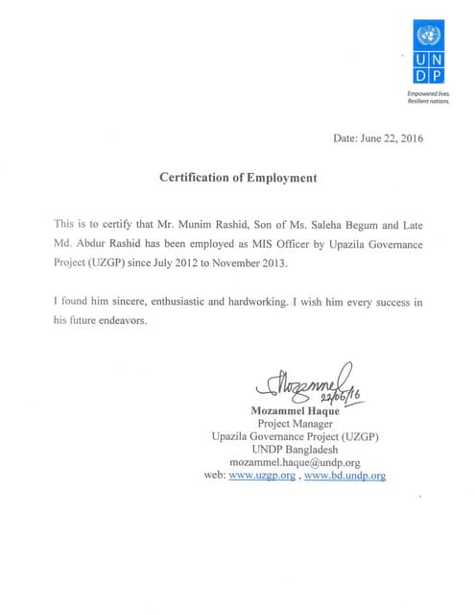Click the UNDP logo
[429, 53]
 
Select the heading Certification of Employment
[237, 178]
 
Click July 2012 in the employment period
[164, 262]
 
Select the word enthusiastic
[166, 303]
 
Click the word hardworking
[249, 303]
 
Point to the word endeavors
[121, 321]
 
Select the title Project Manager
[296, 424]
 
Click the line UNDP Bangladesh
[296, 449]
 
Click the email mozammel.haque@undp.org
[296, 462]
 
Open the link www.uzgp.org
[262, 476]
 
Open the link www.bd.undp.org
[344, 476]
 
